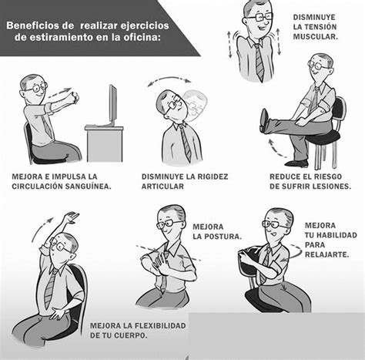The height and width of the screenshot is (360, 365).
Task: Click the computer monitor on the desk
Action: (113, 106)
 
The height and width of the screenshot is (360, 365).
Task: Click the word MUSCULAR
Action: (315, 36)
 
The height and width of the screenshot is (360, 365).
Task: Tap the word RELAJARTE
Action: (326, 254)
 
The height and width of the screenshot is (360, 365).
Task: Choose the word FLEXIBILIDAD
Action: (155, 325)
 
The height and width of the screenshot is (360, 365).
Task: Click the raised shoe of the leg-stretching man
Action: (264, 121)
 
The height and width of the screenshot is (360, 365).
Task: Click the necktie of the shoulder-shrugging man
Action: (259, 62)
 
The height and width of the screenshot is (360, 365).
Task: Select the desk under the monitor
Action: (105, 143)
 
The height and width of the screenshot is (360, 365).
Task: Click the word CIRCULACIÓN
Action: (38, 187)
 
